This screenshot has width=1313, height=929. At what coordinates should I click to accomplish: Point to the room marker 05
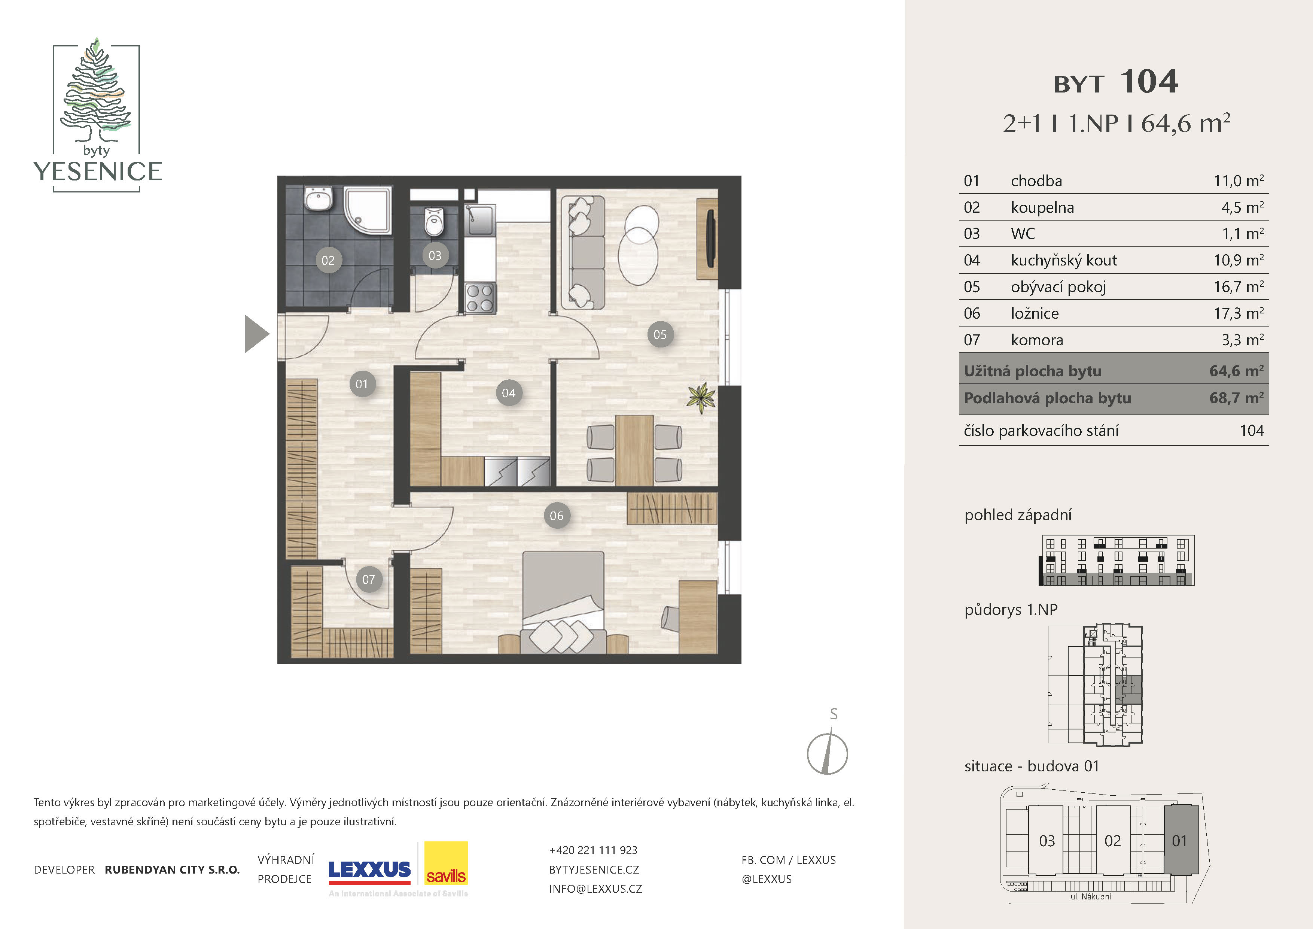tap(660, 335)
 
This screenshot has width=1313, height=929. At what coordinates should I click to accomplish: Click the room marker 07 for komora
tap(368, 580)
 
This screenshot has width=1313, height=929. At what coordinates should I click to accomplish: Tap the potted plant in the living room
tap(701, 397)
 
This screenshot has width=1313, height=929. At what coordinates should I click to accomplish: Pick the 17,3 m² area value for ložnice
tap(1239, 313)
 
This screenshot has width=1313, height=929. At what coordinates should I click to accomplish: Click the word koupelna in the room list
tap(1042, 207)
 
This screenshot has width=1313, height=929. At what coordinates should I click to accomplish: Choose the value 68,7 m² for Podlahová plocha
tap(1236, 398)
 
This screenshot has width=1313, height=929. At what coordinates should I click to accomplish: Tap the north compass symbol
tap(828, 749)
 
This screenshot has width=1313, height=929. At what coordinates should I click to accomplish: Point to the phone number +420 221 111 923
tap(593, 850)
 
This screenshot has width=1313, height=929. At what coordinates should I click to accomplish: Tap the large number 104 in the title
tap(1149, 82)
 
